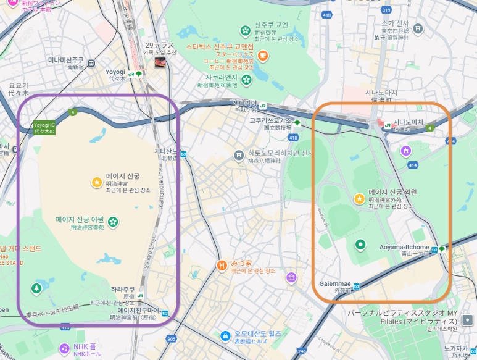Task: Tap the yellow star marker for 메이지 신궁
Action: coord(96,182)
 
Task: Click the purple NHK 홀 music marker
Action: coord(64,348)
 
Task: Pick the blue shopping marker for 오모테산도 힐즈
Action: coord(226,336)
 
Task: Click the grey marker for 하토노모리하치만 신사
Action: coord(239,154)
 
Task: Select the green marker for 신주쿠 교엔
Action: coord(246,30)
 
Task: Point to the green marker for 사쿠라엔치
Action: coord(246,79)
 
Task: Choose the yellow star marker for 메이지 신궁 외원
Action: coord(359,199)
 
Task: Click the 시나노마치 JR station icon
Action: coord(388,123)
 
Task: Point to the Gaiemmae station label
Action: coord(336,283)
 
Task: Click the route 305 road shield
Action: coord(171,338)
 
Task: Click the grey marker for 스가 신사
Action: coord(418,28)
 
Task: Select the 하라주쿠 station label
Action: coord(123,289)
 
